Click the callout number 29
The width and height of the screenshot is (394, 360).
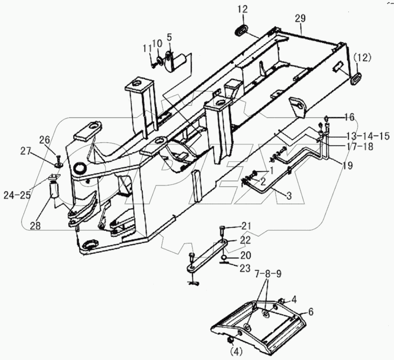click(x=301, y=18)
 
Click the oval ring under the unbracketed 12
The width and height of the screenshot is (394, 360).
click(x=242, y=30)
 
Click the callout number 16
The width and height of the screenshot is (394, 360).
click(x=349, y=118)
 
